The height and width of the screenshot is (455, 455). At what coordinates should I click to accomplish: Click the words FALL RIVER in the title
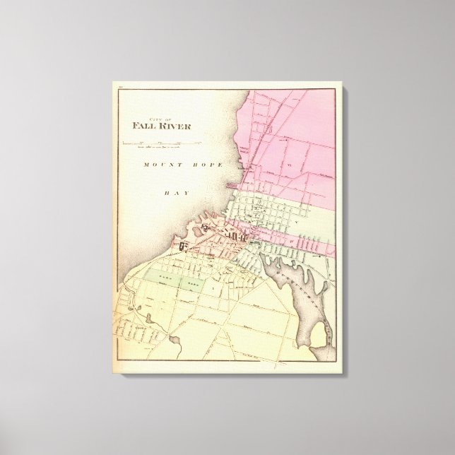click(161, 126)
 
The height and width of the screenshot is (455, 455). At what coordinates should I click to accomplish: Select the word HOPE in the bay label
click(208, 165)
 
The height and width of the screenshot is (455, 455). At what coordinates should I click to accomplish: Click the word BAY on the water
click(174, 191)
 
